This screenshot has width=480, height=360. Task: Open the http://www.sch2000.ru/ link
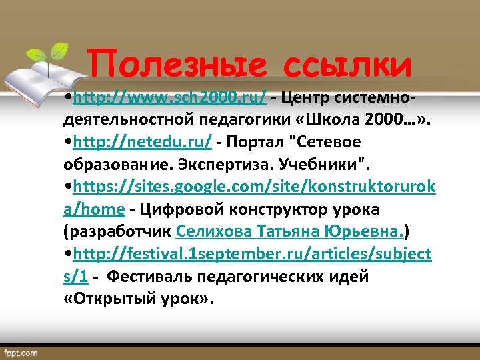click(171, 99)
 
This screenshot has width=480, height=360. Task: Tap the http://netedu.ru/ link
click(143, 143)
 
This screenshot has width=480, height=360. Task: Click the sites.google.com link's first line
click(254, 187)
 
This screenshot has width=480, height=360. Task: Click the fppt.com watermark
click(21, 351)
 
